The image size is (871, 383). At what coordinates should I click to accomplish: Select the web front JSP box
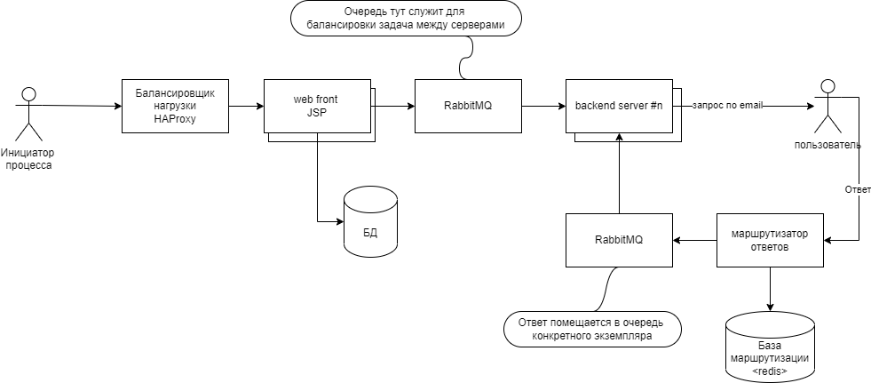(x=316, y=106)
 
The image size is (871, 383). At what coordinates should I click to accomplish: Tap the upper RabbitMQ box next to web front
(x=468, y=106)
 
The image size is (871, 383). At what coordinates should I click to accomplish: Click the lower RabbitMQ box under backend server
(x=619, y=240)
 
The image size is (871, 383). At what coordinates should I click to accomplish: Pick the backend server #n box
(x=618, y=106)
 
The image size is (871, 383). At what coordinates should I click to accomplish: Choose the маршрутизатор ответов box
(x=770, y=240)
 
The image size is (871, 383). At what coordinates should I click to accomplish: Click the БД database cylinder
(x=370, y=223)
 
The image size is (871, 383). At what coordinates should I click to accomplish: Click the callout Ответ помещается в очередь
(x=592, y=328)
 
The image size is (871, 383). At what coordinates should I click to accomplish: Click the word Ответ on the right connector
(x=858, y=189)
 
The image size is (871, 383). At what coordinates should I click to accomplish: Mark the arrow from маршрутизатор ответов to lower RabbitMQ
(x=694, y=240)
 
